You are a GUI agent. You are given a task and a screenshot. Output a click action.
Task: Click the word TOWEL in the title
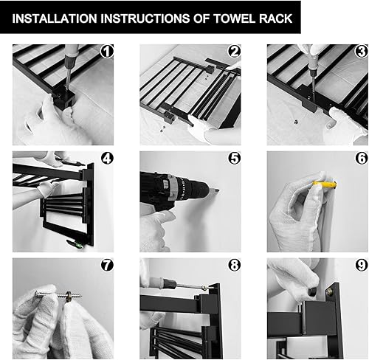point(234,18)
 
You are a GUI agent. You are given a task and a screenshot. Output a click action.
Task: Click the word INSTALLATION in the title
point(55,18)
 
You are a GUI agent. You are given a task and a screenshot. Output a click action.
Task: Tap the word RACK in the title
point(275,18)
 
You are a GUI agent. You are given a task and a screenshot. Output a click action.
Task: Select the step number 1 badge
point(107,52)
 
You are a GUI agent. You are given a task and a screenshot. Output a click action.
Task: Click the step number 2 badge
point(235,52)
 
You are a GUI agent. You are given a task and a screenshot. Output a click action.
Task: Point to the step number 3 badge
point(362,52)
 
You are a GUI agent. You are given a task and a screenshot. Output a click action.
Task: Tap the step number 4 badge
point(107,158)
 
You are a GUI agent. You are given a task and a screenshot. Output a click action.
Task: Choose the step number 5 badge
point(235,158)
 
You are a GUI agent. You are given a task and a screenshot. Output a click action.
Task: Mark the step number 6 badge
point(362,158)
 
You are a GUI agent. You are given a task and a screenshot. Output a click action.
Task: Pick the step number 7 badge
point(107,265)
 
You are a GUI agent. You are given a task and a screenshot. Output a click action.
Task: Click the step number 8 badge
point(235,265)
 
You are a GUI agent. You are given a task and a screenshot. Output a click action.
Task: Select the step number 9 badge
point(362,265)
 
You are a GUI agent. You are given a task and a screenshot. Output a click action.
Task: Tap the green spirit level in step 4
point(75,243)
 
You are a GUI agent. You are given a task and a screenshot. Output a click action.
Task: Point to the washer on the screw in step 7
point(68,294)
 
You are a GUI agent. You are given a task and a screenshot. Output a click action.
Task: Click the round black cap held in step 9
point(313,292)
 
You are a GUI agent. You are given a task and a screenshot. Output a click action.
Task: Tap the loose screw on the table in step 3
point(297,122)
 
